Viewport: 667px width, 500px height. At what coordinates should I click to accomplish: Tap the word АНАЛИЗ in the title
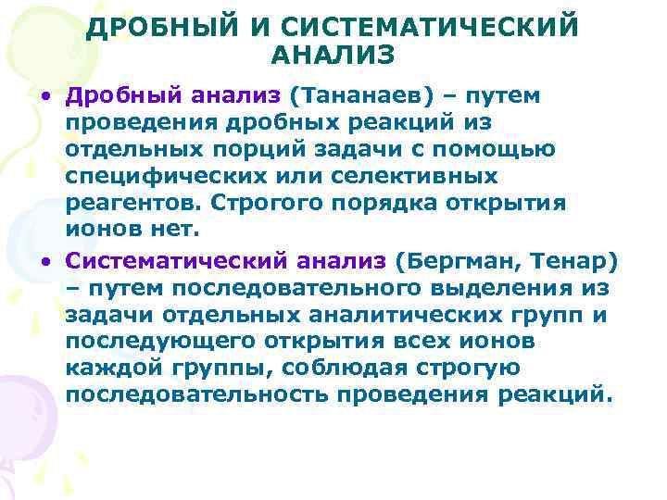pos(333,56)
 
